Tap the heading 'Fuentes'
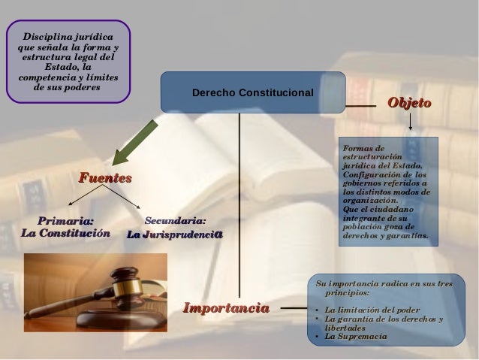tap(105, 178)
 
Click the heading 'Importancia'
tap(226, 308)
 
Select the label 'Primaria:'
tap(66, 221)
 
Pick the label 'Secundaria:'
tap(174, 221)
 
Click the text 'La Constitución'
tap(65, 234)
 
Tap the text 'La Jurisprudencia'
tap(174, 234)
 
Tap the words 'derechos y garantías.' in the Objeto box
tap(385, 235)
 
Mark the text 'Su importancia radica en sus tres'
tap(384, 284)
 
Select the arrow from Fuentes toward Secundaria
tap(122, 197)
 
